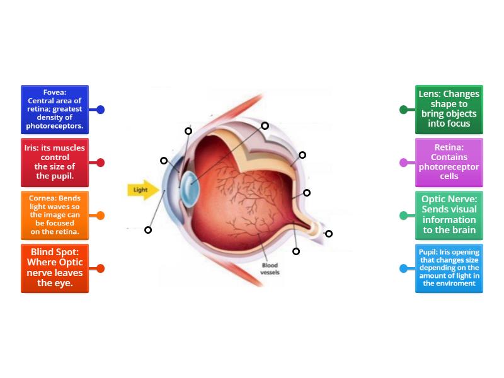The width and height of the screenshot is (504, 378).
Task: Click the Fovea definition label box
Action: coord(55,110)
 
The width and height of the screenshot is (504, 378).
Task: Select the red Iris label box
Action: coord(55,163)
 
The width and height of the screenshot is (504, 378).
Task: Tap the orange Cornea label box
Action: coord(55,215)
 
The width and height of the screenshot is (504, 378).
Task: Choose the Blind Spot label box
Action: coord(55,268)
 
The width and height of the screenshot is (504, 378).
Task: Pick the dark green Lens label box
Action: coord(449,110)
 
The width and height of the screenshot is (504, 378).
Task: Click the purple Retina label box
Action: coord(449,163)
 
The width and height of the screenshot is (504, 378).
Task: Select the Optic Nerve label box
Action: coord(449,215)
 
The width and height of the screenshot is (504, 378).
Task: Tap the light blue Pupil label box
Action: coord(449,268)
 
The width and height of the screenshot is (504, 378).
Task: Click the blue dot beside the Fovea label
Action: coord(100,110)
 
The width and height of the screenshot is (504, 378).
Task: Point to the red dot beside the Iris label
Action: coord(100,163)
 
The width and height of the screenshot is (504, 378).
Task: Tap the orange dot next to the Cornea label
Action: coord(100,215)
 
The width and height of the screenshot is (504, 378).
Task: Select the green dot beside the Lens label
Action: coord(404,110)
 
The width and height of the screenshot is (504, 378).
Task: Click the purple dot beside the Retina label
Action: coord(404,163)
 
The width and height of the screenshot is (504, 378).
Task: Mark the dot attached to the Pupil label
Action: coord(404,268)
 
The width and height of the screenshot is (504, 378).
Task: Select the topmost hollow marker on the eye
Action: coord(265,126)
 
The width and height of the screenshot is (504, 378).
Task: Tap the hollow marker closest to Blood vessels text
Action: coord(296,251)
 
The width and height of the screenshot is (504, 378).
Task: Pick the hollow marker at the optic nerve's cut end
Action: coord(329,234)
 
